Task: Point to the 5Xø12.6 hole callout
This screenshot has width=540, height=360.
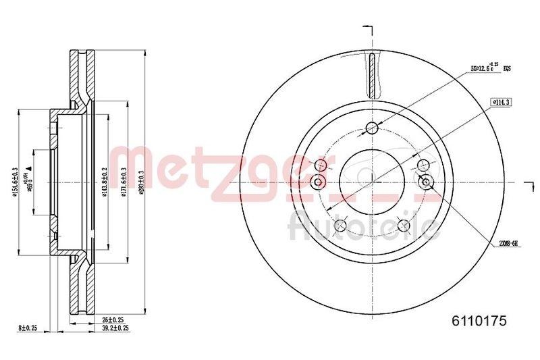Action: click(489, 68)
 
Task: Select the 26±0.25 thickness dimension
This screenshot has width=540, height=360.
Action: click(111, 319)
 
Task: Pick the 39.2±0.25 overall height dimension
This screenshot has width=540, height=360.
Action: click(115, 328)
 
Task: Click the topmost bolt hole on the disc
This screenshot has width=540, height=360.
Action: click(371, 128)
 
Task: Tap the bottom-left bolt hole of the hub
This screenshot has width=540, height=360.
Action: click(340, 226)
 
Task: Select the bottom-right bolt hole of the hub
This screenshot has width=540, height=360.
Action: click(404, 226)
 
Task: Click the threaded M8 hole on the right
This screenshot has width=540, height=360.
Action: click(425, 181)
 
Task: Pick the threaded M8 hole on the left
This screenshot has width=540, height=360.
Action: click(319, 182)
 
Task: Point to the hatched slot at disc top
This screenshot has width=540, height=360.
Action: click(372, 74)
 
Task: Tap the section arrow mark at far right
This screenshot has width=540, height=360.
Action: click(529, 181)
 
